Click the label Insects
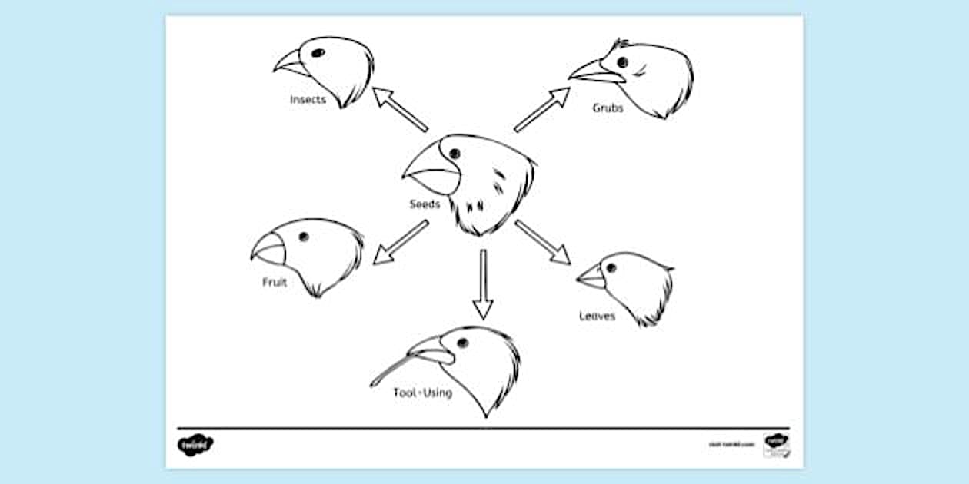[x=308, y=100]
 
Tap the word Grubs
[x=608, y=108]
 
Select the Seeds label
[x=425, y=204]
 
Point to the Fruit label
[x=275, y=283]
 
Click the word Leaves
[x=597, y=316]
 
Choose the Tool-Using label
[x=422, y=393]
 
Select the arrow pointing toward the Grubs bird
[x=542, y=109]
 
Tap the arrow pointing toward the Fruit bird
[x=400, y=242]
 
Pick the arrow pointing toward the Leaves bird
[x=543, y=242]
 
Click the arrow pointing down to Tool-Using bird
[x=482, y=283]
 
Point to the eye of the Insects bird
[x=317, y=53]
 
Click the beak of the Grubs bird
[x=596, y=73]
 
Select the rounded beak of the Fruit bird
[x=268, y=248]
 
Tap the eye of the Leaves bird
[x=611, y=268]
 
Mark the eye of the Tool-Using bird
[x=462, y=343]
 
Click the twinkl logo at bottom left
[x=195, y=444]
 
